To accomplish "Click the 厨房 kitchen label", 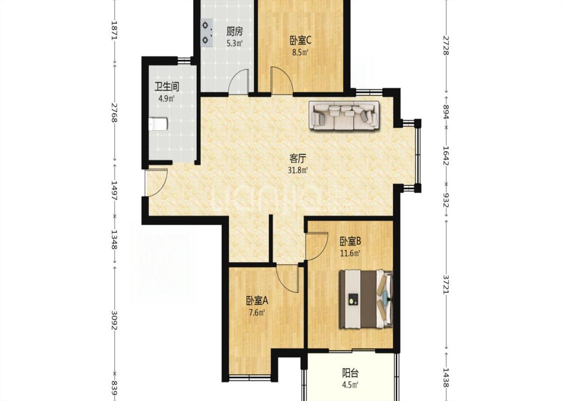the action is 235,32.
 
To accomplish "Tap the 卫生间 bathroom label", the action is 167,87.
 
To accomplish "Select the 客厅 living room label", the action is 298,158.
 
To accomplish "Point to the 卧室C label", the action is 300,40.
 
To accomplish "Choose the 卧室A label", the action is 257,300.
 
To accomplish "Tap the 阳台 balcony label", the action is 350,373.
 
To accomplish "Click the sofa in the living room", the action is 344,115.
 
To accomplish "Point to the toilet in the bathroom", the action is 158,124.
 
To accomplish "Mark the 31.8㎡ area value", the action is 298,170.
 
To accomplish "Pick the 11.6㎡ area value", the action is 350,253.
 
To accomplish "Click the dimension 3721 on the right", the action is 445,284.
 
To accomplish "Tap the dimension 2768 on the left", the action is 114,112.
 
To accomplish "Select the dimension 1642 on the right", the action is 445,155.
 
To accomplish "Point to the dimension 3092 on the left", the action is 114,320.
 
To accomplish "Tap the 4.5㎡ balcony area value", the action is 350,385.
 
